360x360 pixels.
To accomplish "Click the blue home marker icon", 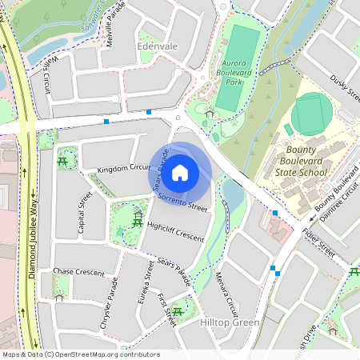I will pyautogui.click(x=180, y=172).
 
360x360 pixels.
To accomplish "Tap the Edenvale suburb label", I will pyautogui.click(x=158, y=47).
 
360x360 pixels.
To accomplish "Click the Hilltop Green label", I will pyautogui.click(x=230, y=322).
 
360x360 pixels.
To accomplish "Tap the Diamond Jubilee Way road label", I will pyautogui.click(x=34, y=240).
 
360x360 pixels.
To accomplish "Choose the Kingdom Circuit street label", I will pyautogui.click(x=124, y=169).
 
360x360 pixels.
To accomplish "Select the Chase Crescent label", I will pyautogui.click(x=78, y=273).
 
